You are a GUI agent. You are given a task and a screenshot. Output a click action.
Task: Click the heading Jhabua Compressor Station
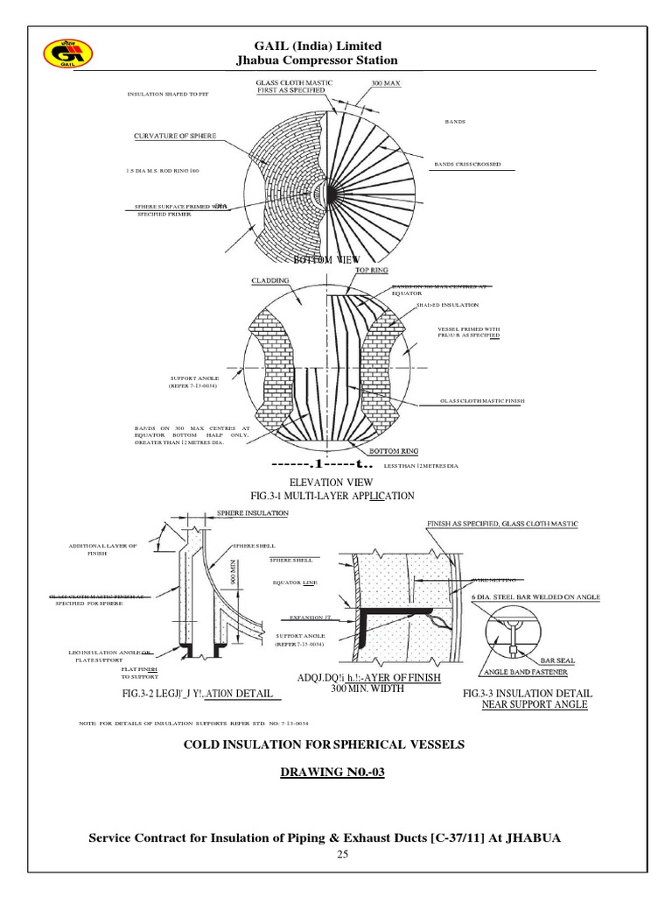pyautogui.click(x=317, y=60)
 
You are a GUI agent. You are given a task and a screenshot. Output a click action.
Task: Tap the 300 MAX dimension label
pyautogui.click(x=388, y=83)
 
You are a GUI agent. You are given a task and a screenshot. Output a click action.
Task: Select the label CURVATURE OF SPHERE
pyautogui.click(x=175, y=136)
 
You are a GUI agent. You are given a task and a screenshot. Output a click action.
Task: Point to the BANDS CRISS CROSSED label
pyautogui.click(x=467, y=165)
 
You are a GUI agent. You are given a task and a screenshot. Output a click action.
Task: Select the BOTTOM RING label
pyautogui.click(x=395, y=451)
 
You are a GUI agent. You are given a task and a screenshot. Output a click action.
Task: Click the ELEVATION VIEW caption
pyautogui.click(x=336, y=482)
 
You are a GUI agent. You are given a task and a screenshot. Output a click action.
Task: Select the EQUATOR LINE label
pyautogui.click(x=293, y=582)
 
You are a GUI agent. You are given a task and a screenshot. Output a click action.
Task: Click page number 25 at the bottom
pyautogui.click(x=336, y=854)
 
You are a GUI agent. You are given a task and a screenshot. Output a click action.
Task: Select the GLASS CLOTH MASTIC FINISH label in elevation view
pyautogui.click(x=482, y=402)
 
